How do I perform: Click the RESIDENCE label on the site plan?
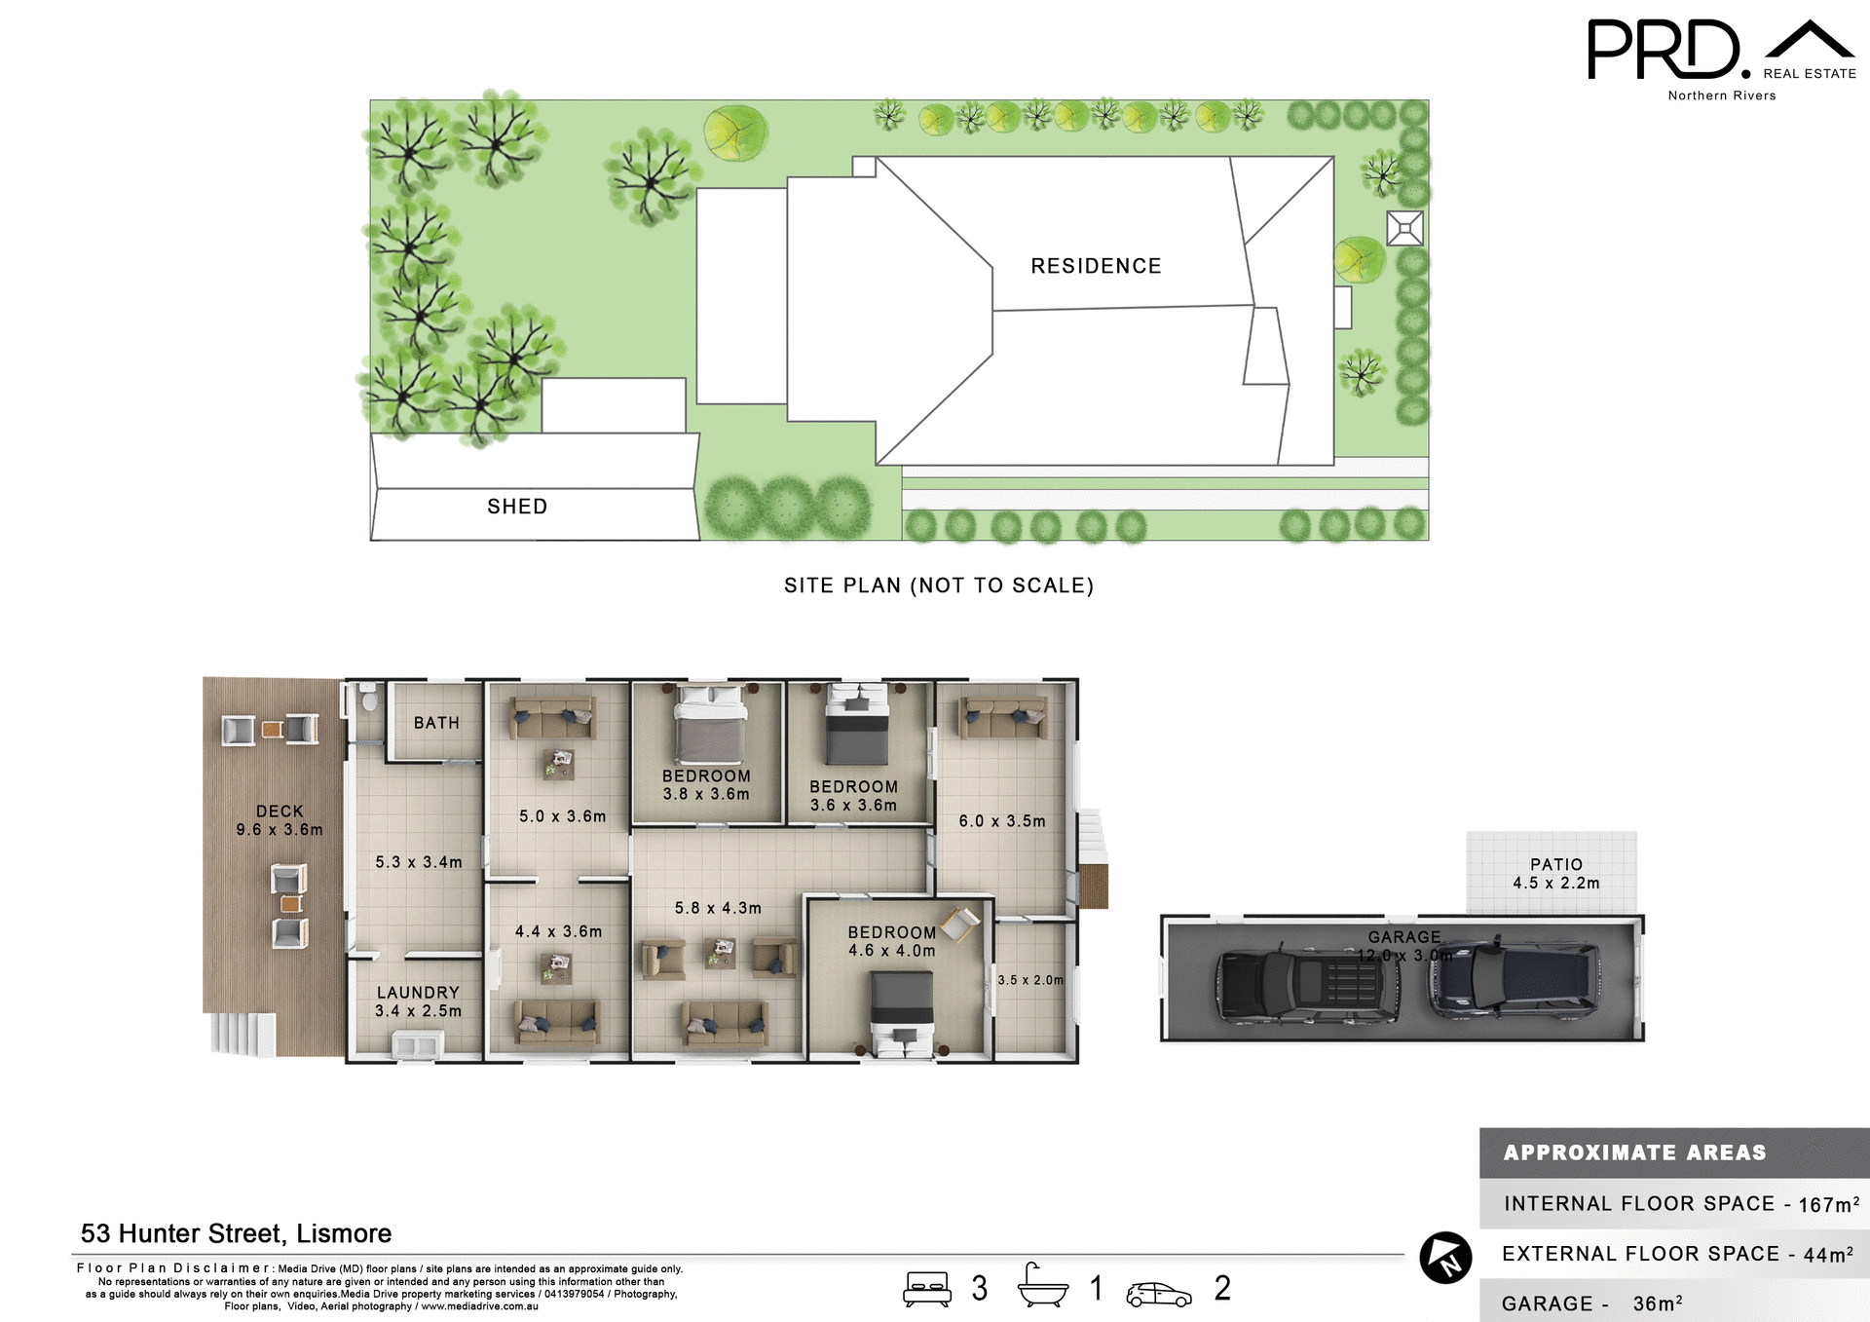tap(1096, 266)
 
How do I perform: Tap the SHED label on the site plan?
tap(517, 507)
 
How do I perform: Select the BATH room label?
tap(436, 723)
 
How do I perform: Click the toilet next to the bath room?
tap(369, 699)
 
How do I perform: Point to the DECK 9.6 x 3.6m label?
tap(280, 820)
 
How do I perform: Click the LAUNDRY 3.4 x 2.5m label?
tap(419, 1001)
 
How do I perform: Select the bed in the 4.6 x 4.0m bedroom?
tap(902, 1013)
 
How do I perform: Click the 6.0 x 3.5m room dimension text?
tap(1002, 821)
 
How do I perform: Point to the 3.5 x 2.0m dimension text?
tap(1030, 980)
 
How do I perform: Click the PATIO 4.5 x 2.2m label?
tap(1555, 874)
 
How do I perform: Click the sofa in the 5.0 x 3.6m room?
tap(553, 718)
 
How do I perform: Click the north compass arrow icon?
tap(1445, 1258)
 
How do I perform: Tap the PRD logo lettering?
tap(1664, 50)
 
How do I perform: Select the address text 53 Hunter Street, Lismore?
tap(236, 1233)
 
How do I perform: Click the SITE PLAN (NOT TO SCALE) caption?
tap(939, 585)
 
